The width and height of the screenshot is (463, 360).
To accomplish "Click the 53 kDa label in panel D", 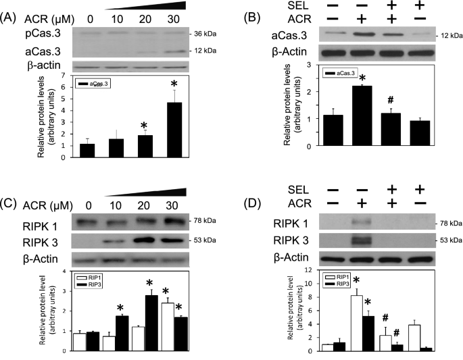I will coord(443,239).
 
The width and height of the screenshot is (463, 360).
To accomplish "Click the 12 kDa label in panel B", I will coord(445,34).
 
